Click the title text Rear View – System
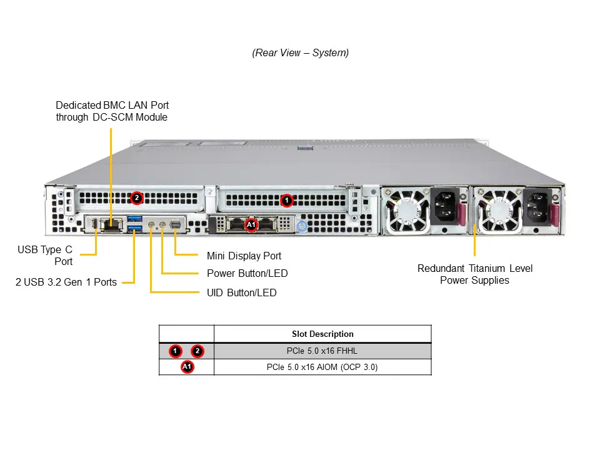(301, 52)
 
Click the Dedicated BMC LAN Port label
(112, 111)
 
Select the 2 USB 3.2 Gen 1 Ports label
(66, 282)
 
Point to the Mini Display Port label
(244, 256)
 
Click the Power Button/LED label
(247, 273)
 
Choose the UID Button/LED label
(241, 292)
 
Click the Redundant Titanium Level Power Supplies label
(475, 274)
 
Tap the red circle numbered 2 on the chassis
(137, 198)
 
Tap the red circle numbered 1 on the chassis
(286, 201)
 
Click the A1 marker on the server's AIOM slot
(251, 224)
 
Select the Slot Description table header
(322, 334)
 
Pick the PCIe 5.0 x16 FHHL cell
(322, 351)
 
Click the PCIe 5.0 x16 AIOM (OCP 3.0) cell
(322, 367)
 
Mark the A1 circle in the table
(187, 367)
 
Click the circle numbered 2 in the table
(198, 351)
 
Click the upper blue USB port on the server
(135, 219)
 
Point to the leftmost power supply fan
(408, 210)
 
